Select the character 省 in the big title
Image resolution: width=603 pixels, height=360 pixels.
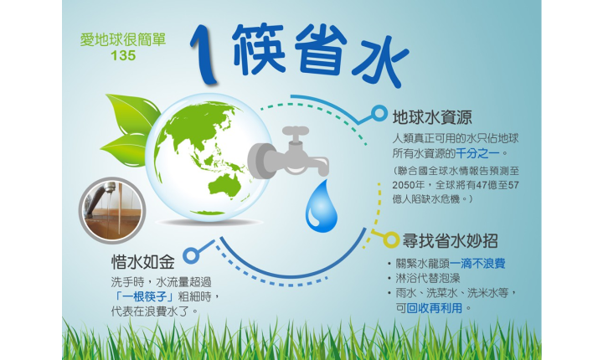[322, 49]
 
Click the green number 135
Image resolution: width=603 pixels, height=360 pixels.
[123, 56]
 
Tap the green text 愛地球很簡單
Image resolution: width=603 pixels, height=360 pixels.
[123, 39]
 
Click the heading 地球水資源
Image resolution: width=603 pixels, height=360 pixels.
[432, 117]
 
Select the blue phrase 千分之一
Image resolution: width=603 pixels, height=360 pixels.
[478, 153]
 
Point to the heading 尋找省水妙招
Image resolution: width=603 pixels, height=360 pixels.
[450, 241]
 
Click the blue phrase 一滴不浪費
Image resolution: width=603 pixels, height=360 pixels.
[477, 264]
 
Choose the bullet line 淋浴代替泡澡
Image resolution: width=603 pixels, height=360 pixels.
[428, 279]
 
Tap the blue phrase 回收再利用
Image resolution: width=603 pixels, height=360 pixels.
[435, 308]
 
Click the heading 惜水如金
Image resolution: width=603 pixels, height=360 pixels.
[143, 262]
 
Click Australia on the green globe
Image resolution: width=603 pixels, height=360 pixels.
[224, 188]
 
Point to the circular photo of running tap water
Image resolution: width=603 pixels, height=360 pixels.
[112, 210]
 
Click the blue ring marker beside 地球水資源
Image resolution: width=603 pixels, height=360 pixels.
[379, 114]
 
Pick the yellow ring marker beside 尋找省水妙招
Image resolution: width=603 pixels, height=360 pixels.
[391, 240]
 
